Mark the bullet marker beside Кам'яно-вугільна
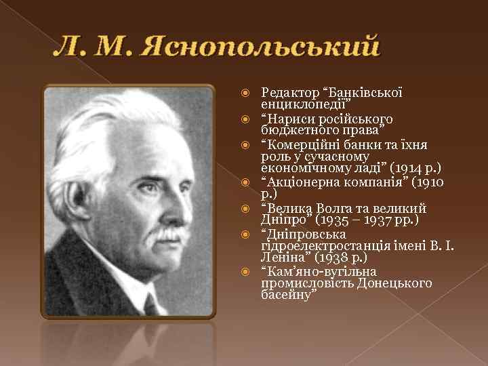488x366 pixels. pos(249,272)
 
